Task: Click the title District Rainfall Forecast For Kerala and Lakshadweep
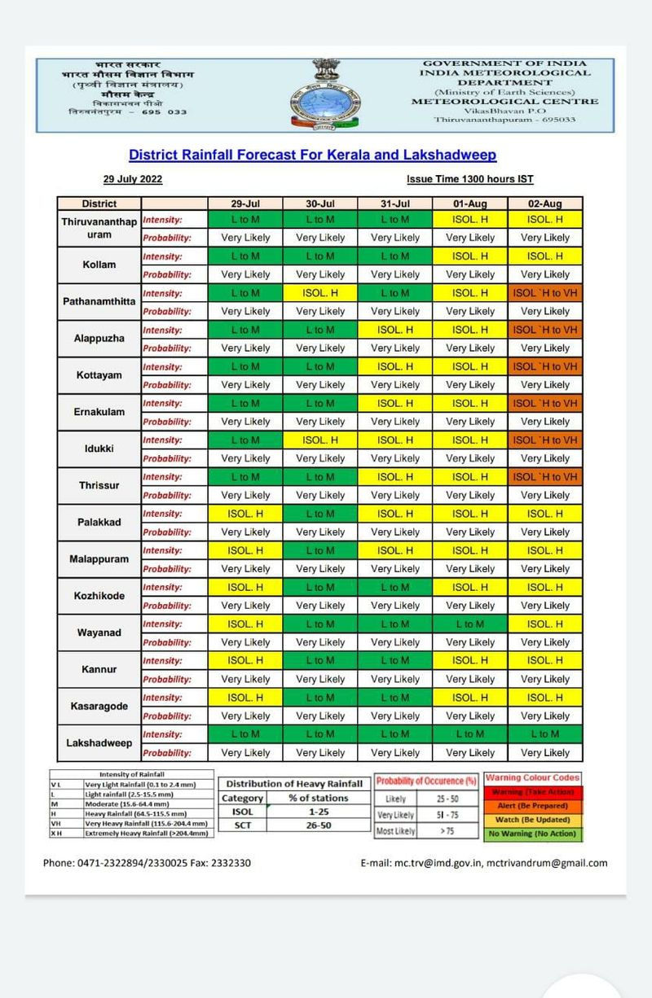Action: (313, 155)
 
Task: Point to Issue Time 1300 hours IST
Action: (470, 179)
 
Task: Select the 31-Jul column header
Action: (394, 204)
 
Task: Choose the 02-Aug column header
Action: (545, 204)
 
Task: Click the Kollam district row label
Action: (99, 265)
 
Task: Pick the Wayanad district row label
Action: (99, 633)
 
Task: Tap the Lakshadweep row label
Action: (99, 743)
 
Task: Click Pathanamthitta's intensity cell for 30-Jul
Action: (320, 292)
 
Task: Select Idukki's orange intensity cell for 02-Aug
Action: (545, 440)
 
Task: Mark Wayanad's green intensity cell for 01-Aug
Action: (470, 624)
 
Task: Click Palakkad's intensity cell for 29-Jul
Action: (245, 514)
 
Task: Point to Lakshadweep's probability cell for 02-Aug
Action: (545, 753)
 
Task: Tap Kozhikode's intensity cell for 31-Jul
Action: (394, 587)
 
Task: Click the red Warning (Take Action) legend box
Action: (533, 792)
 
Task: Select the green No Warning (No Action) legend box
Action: (533, 834)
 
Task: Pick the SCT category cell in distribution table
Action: (243, 825)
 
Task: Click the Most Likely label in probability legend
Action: (397, 831)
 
